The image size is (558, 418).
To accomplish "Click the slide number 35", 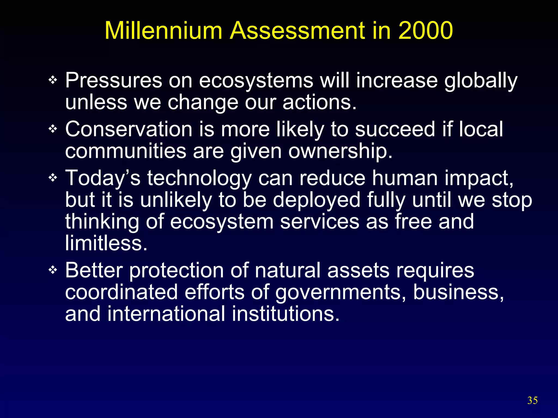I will click(x=532, y=400).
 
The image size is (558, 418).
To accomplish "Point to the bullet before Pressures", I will click(x=53, y=80).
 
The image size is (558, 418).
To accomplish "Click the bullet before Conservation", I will click(x=53, y=129).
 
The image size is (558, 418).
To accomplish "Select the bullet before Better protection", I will click(x=53, y=270).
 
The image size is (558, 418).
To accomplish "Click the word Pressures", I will click(x=114, y=80).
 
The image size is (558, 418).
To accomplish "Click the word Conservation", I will click(x=129, y=129).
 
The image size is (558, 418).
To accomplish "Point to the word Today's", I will click(x=103, y=178).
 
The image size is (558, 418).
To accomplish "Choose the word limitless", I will click(x=106, y=243).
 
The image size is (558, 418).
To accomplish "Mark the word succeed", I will click(x=395, y=129).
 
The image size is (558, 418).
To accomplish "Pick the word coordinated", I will click(x=122, y=292).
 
